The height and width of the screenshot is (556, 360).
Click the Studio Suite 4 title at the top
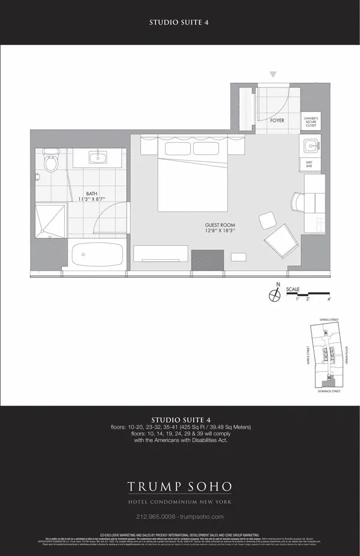click(179, 23)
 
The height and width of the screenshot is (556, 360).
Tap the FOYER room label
click(277, 120)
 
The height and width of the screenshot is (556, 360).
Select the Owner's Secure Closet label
click(311, 122)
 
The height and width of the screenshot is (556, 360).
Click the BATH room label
click(91, 194)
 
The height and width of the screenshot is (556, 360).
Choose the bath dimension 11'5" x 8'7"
click(91, 199)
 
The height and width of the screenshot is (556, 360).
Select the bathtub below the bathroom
click(97, 255)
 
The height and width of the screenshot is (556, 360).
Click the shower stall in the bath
click(50, 221)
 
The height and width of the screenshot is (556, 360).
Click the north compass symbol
click(275, 295)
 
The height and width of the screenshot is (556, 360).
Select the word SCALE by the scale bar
click(293, 289)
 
